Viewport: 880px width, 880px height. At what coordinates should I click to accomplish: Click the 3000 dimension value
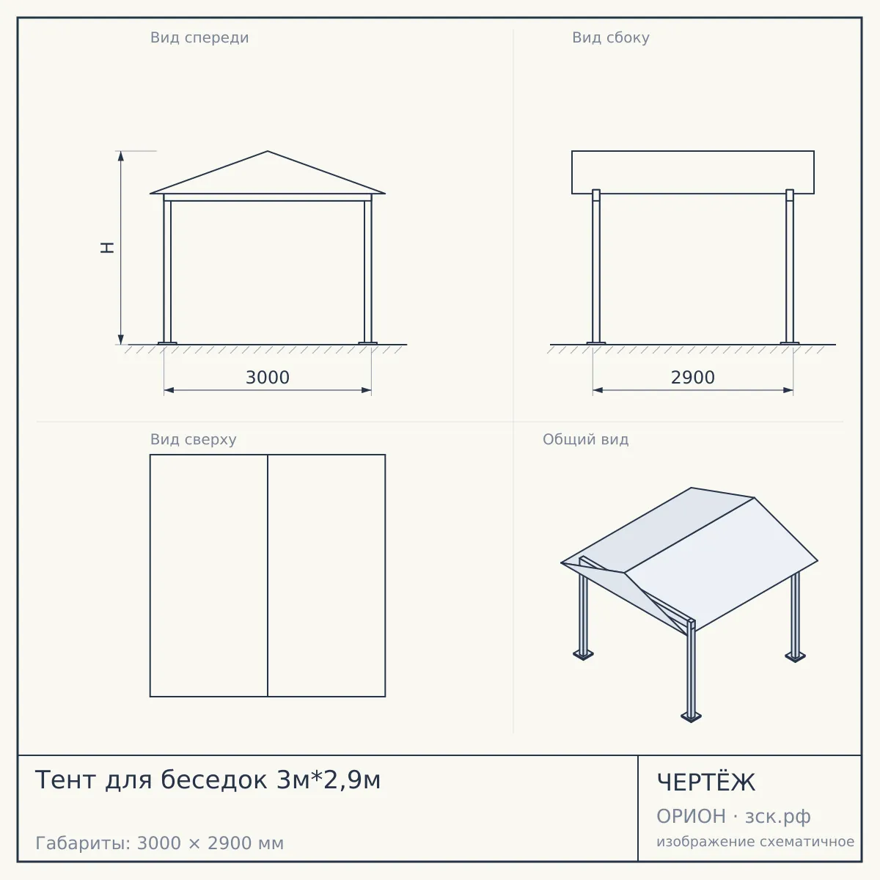(x=268, y=378)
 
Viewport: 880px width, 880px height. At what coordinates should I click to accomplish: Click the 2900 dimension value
(x=693, y=378)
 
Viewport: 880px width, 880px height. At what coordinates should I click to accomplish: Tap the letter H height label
(x=107, y=248)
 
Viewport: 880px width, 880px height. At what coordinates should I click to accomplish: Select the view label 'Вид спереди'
(x=199, y=37)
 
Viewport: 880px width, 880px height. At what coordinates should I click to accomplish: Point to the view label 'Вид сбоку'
(x=611, y=37)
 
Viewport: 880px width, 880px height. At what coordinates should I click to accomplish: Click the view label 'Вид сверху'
(x=193, y=439)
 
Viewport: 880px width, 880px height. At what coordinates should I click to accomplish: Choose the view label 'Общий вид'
(x=585, y=439)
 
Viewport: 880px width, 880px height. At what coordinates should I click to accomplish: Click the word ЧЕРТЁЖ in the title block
(x=706, y=782)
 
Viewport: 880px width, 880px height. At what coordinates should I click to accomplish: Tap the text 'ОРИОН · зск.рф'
(x=733, y=816)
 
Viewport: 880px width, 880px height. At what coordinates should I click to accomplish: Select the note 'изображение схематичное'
(x=755, y=841)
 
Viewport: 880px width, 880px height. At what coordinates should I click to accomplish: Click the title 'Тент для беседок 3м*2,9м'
(x=208, y=780)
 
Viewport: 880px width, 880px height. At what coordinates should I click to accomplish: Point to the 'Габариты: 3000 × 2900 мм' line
(x=159, y=843)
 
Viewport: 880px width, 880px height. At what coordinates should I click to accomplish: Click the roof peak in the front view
(x=268, y=151)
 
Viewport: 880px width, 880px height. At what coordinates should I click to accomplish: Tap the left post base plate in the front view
(x=167, y=343)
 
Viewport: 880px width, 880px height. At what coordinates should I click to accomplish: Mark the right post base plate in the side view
(x=790, y=343)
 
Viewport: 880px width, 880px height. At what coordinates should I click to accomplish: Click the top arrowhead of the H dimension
(x=121, y=155)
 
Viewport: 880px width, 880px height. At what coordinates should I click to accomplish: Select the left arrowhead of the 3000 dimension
(x=169, y=390)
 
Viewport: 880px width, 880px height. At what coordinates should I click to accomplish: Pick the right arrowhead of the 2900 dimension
(x=788, y=390)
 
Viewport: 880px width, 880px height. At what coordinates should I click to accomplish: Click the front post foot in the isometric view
(x=691, y=716)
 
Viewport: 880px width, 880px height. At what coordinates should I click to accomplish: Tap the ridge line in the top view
(x=268, y=576)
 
